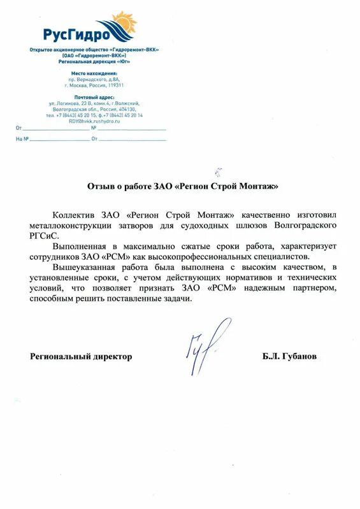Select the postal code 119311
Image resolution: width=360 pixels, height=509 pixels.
tap(115, 85)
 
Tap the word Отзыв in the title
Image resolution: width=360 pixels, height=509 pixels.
tap(101, 186)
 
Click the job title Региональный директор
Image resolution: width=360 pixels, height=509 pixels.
tap(81, 357)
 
